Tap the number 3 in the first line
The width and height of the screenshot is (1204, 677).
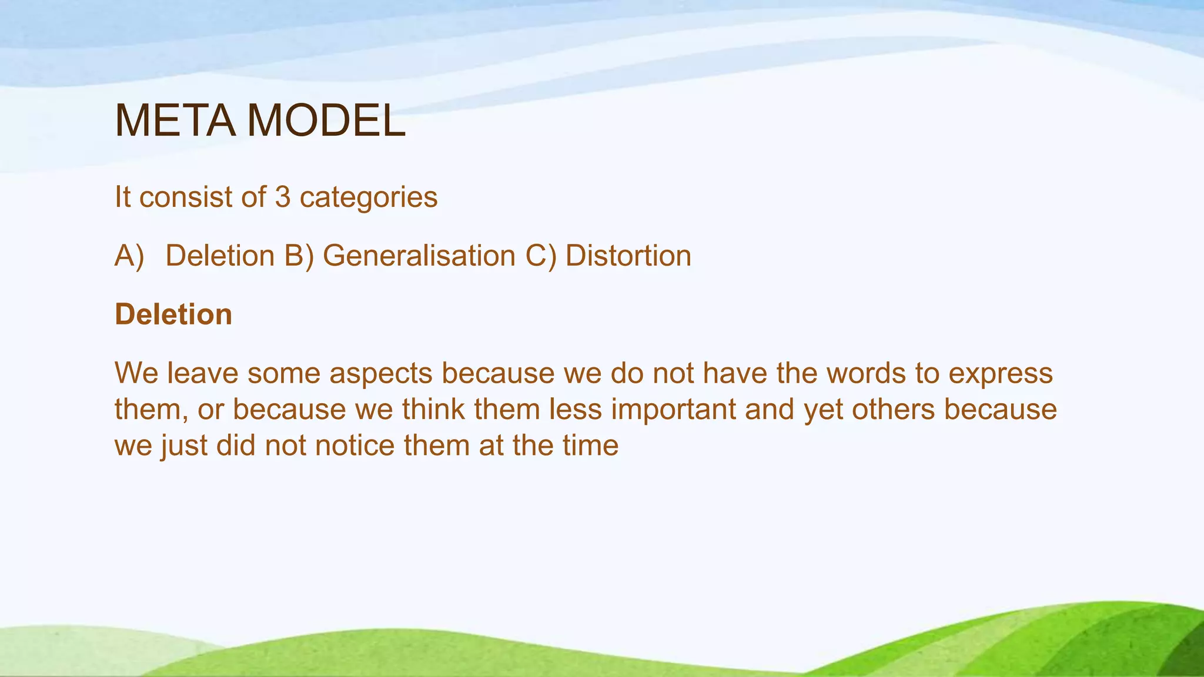coord(283,197)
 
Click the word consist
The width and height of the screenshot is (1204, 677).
coord(186,197)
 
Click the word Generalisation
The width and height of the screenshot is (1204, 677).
coord(419,256)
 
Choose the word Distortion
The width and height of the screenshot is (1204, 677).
coord(628,256)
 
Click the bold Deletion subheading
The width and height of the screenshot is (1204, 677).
coord(173,315)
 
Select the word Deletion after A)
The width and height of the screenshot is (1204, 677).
coord(220,256)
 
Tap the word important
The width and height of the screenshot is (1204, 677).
coord(674,410)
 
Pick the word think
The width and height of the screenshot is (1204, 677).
coord(433,410)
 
